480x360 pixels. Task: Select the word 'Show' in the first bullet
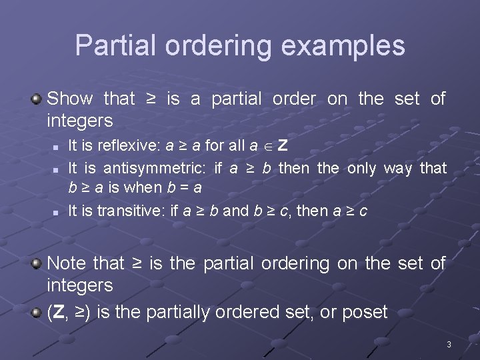tap(70, 99)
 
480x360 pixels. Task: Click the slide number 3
tap(449, 345)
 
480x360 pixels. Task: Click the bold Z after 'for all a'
tap(283, 145)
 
